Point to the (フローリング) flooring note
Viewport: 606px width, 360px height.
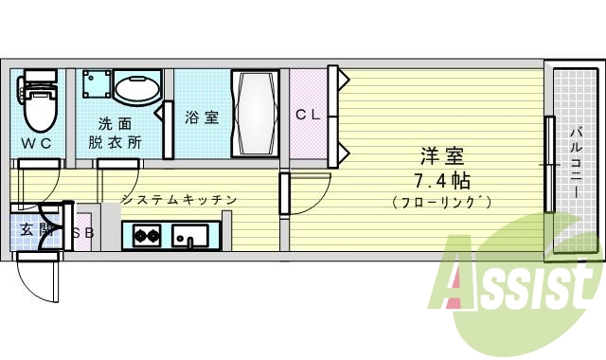(x=442, y=202)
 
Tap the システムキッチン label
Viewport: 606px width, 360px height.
(x=178, y=200)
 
